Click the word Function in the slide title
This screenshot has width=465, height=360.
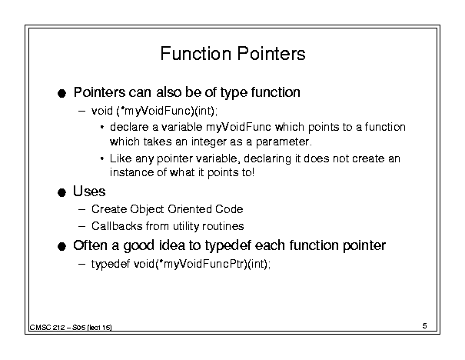point(195,54)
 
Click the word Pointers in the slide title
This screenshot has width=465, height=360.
point(271,54)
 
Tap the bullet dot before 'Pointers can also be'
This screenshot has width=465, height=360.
point(61,94)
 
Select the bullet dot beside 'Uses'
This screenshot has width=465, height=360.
point(61,192)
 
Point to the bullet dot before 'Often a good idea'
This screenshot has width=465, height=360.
point(61,246)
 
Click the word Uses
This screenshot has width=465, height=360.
point(89,192)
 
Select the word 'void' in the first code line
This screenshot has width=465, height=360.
point(102,111)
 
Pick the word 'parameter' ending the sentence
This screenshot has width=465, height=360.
point(284,142)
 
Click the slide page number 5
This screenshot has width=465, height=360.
point(425,326)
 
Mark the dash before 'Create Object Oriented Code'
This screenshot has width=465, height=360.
point(82,209)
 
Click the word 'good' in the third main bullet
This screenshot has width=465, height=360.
point(139,246)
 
